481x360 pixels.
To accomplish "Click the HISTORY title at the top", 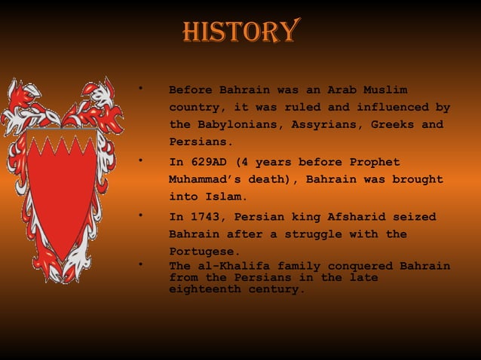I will pyautogui.click(x=240, y=31).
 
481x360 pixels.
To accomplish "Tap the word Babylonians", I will pyautogui.click(x=235, y=124).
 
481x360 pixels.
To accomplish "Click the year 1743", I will pyautogui.click(x=204, y=217).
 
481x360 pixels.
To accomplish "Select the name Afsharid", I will pyautogui.click(x=358, y=217).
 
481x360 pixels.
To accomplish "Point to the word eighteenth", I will pyautogui.click(x=204, y=288).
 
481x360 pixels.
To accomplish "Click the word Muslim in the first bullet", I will pyautogui.click(x=383, y=90).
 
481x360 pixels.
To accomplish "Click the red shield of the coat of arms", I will pyautogui.click(x=62, y=188).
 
